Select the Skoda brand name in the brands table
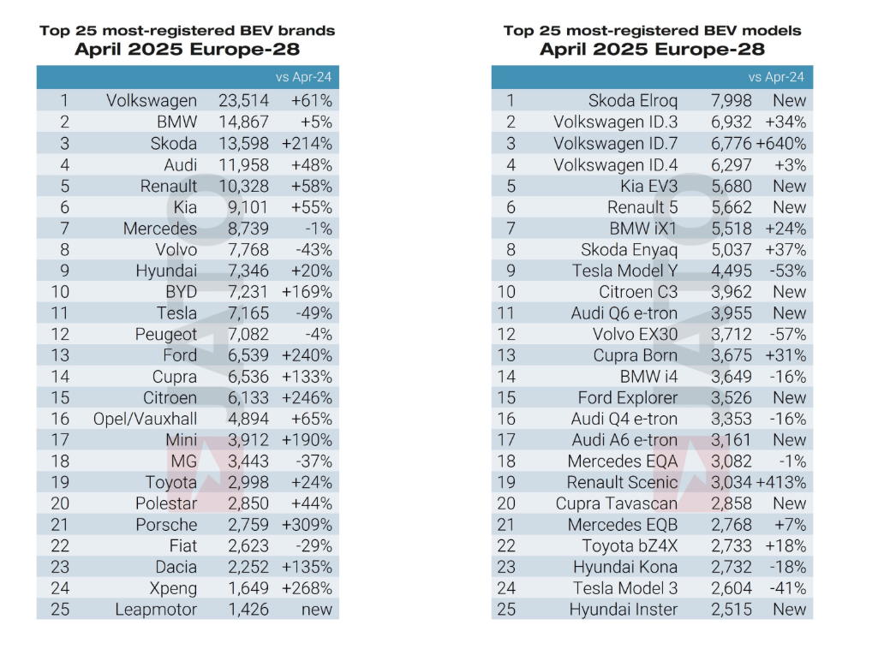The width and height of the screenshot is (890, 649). click(173, 144)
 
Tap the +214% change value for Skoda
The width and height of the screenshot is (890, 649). click(312, 144)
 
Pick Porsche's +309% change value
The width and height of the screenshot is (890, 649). click(312, 525)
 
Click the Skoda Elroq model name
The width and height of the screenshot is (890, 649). click(633, 101)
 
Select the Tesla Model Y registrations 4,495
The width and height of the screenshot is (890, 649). click(731, 271)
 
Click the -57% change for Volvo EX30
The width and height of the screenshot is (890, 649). click(788, 334)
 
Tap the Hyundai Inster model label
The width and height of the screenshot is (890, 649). click(624, 610)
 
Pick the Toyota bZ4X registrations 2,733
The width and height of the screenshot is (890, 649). click(731, 546)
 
